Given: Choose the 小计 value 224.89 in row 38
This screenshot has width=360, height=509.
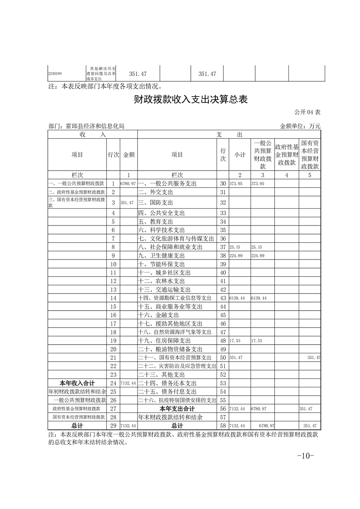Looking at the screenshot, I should [x=236, y=255].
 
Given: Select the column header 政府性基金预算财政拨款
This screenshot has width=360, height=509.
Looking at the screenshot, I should [x=286, y=154].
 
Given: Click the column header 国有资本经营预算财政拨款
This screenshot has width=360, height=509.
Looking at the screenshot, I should [x=310, y=154].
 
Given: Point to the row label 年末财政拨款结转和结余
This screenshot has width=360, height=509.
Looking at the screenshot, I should [x=170, y=416].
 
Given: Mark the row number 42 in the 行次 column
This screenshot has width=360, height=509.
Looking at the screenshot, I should [x=222, y=289].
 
